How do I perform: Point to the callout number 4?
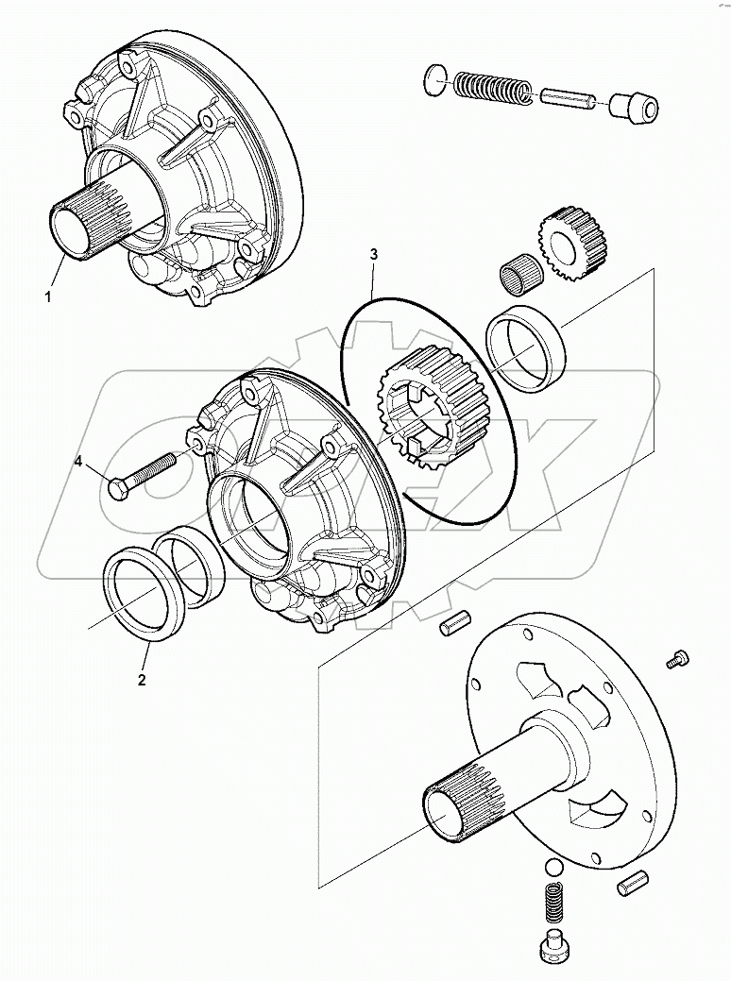tap(79, 461)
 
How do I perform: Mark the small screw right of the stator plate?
tap(675, 660)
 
